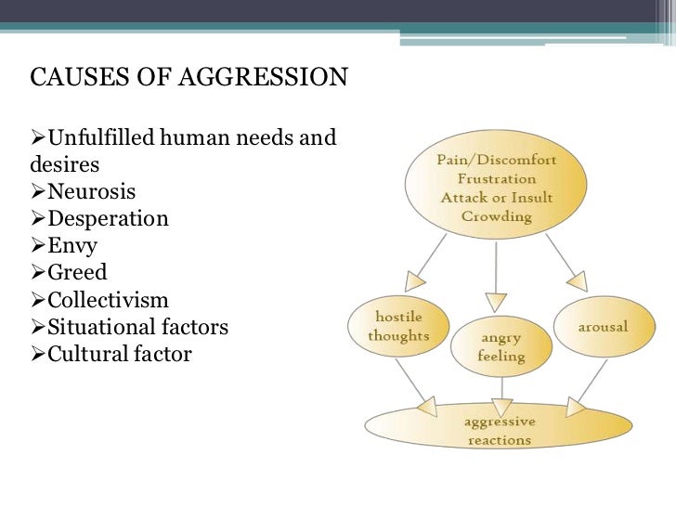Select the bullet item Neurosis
point(91,193)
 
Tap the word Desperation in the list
point(109,220)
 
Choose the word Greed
point(78,274)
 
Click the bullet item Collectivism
point(110,301)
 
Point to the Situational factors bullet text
point(137,328)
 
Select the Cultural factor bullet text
point(120,355)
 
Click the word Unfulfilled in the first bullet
point(99,139)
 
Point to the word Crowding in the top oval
point(496,217)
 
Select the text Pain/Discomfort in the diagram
point(496,160)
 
